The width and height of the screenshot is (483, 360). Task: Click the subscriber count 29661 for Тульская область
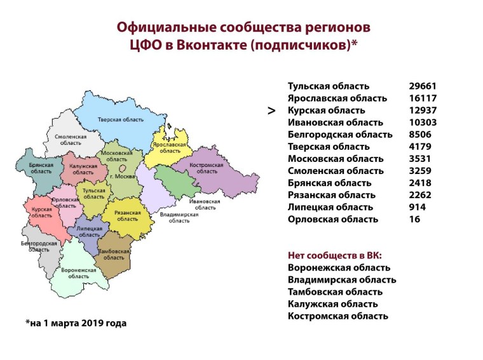click(x=423, y=86)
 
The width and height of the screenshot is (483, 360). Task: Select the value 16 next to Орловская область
click(x=415, y=219)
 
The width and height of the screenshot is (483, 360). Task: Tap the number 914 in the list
click(x=418, y=207)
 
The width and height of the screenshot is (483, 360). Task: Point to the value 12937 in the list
click(x=423, y=110)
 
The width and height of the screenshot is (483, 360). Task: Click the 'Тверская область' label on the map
click(x=116, y=120)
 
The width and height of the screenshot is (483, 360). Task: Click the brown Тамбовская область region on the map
click(x=114, y=254)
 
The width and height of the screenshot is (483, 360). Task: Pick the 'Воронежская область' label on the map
click(x=79, y=273)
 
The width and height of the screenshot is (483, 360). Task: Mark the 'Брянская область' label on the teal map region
click(x=41, y=168)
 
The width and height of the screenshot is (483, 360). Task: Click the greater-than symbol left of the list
click(x=271, y=110)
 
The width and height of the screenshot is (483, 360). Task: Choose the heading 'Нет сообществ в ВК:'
click(x=334, y=255)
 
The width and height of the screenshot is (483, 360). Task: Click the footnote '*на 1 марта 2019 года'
click(x=76, y=323)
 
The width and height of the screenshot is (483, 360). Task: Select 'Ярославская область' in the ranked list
click(x=337, y=98)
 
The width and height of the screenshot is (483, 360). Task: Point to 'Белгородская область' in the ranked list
click(x=340, y=135)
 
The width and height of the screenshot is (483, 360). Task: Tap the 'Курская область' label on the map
click(x=42, y=212)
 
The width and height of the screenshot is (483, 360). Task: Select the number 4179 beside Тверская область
click(x=421, y=147)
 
